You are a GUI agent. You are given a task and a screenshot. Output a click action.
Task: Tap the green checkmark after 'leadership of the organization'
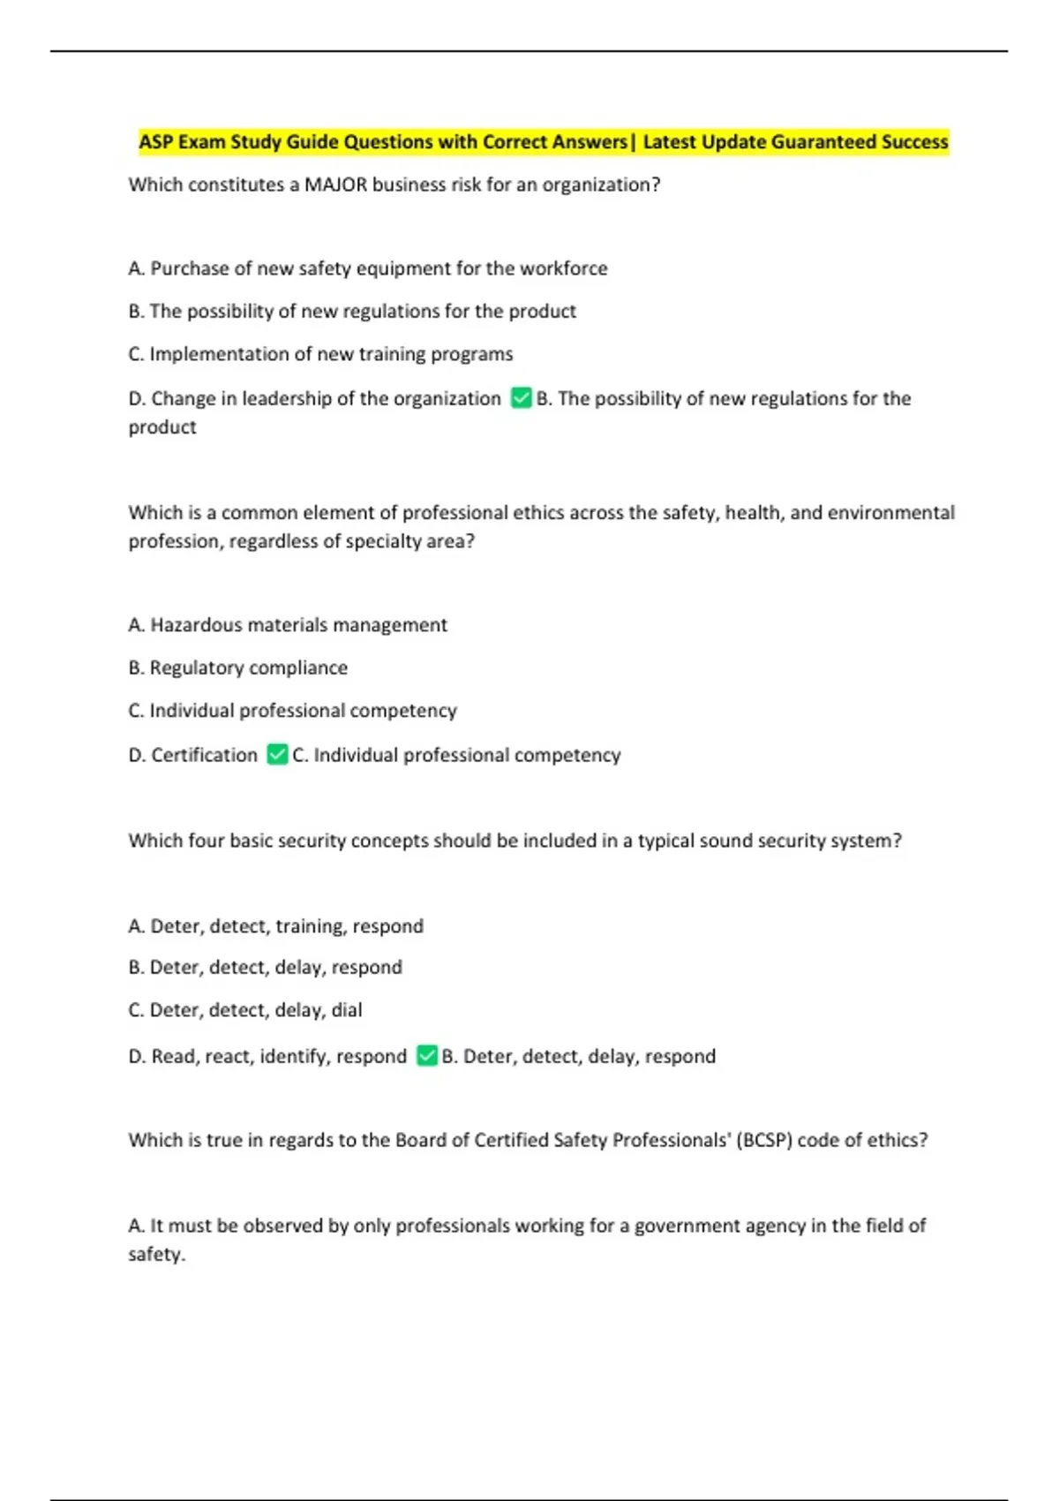521,398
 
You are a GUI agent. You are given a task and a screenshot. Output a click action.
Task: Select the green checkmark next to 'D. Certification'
277,755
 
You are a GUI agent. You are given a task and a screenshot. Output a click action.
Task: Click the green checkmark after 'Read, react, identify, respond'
427,1056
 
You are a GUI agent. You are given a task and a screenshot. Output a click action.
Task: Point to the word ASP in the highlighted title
156,142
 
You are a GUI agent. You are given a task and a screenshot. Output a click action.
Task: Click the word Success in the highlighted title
914,142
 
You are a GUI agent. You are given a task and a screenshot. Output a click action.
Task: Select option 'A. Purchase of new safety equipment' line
368,268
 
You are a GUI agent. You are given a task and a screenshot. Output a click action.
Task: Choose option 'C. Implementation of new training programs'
320,354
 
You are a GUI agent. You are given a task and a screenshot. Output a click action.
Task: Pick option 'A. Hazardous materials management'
288,625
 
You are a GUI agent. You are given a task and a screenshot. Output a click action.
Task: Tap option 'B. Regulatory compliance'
238,668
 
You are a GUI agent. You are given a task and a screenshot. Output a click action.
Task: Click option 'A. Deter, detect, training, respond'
276,926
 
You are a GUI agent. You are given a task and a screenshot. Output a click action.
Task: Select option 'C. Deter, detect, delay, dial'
245,1010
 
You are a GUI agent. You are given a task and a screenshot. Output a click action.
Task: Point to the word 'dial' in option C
347,1010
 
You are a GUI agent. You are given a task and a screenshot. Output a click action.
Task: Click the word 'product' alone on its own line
162,427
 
